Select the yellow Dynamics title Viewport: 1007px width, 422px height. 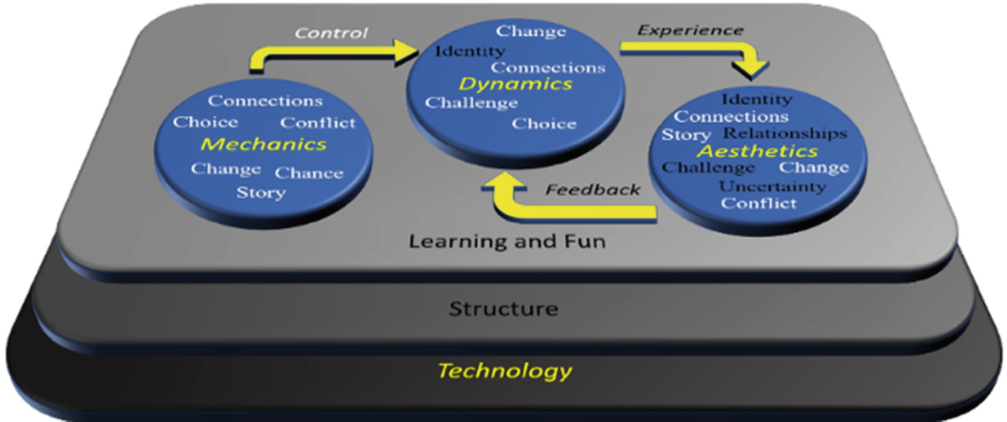(x=515, y=84)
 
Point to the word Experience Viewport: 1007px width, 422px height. (x=690, y=31)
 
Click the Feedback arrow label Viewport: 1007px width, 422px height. (x=592, y=189)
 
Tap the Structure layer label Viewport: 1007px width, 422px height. (x=503, y=308)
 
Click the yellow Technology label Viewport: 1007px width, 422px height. (x=504, y=371)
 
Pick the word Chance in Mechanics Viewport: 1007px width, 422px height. (x=309, y=173)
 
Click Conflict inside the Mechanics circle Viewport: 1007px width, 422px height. (x=318, y=122)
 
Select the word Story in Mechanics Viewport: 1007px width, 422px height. (x=260, y=193)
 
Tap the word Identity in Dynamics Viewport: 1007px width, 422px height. (x=470, y=51)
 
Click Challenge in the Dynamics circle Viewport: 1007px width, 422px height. (x=471, y=103)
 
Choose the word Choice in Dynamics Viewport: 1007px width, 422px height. (x=544, y=124)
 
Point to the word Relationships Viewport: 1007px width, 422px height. (x=785, y=133)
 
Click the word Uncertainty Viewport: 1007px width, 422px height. (x=772, y=186)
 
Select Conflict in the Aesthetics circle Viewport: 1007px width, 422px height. (x=759, y=203)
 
